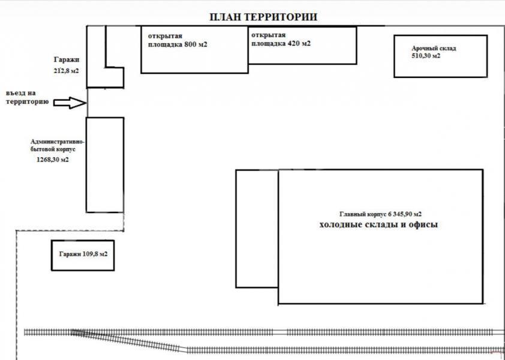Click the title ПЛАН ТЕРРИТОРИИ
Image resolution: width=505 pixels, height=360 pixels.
click(x=263, y=17)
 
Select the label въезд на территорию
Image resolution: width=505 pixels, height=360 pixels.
click(x=26, y=98)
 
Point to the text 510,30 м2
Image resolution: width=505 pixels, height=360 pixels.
click(x=425, y=56)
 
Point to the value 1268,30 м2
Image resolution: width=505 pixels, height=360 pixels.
click(x=52, y=160)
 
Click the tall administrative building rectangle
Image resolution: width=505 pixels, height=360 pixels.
click(x=105, y=165)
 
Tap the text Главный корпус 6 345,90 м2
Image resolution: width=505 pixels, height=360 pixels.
click(x=380, y=214)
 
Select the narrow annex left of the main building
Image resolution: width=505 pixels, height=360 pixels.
click(x=257, y=228)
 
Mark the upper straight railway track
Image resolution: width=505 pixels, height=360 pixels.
click(x=264, y=331)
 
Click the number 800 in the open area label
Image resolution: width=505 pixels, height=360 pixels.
click(x=191, y=44)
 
